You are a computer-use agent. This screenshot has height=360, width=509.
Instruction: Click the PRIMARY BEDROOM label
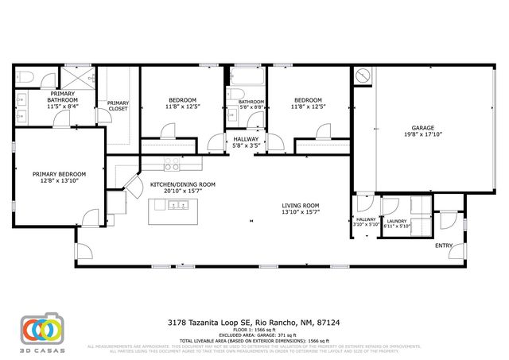(x=59, y=173)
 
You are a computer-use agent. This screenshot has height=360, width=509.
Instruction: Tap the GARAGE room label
(x=422, y=127)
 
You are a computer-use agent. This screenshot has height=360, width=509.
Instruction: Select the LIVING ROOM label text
(x=300, y=206)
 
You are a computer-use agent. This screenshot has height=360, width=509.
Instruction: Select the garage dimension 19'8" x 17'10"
(x=422, y=134)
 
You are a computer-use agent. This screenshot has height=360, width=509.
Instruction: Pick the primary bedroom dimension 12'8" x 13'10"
(x=59, y=180)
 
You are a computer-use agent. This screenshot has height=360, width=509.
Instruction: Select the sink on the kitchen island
(x=177, y=206)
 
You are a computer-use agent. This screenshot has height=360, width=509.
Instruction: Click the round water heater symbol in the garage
(x=362, y=75)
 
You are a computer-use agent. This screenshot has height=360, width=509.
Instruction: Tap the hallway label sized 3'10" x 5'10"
(x=366, y=222)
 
